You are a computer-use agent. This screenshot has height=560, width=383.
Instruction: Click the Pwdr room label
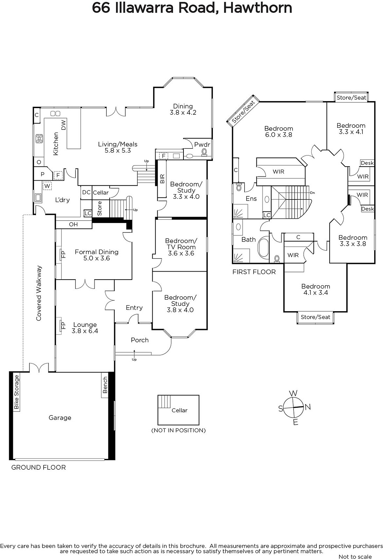tap(202, 145)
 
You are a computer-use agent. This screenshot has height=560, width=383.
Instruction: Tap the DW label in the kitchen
tap(63, 125)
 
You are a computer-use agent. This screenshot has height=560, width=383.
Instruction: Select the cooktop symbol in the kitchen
tap(39, 139)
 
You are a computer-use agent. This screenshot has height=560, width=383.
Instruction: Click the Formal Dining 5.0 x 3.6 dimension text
tap(97, 258)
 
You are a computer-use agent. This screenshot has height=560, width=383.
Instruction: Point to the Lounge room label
tap(85, 324)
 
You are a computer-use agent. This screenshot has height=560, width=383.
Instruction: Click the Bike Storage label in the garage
tap(16, 392)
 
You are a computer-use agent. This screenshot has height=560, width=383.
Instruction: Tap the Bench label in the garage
tap(105, 385)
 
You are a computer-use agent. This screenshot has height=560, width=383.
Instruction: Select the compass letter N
tap(308, 407)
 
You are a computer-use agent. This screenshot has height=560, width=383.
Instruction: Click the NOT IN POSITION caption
tap(179, 430)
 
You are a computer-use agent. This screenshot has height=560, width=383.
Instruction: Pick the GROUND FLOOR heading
tap(38, 468)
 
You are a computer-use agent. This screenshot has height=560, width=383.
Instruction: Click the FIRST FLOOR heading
tap(254, 272)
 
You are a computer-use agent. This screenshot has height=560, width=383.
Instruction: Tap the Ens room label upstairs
tap(251, 198)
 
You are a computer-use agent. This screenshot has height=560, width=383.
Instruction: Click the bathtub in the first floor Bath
tap(263, 248)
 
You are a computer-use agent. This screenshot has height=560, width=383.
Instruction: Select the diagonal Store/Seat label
tap(243, 112)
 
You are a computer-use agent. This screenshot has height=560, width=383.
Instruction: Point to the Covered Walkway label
tap(39, 293)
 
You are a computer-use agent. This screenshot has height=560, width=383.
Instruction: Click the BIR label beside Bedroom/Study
tap(162, 179)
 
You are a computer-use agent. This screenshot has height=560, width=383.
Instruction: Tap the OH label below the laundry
tap(73, 224)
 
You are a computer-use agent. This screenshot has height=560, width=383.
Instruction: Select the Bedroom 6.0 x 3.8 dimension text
tap(279, 135)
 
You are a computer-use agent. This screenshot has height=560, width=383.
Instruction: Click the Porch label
tap(139, 340)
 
